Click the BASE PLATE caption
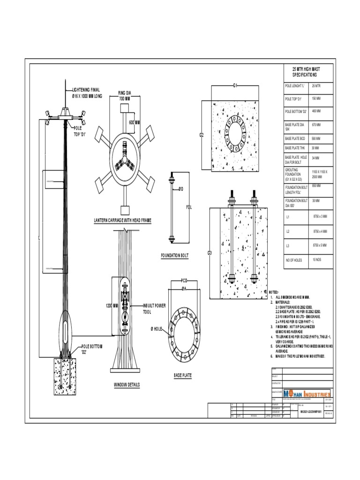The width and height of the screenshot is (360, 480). (x=182, y=375)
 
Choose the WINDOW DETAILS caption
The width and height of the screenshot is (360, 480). (x=127, y=385)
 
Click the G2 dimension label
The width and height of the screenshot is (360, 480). (x=202, y=135)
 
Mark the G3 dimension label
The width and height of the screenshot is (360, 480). (x=210, y=253)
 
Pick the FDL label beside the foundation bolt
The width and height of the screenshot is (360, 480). (x=189, y=207)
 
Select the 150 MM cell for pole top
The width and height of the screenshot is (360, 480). (x=316, y=99)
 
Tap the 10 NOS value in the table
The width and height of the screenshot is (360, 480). (x=317, y=260)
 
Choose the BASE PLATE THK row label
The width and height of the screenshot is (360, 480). (x=296, y=148)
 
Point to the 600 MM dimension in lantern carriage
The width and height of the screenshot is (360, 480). (x=135, y=123)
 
